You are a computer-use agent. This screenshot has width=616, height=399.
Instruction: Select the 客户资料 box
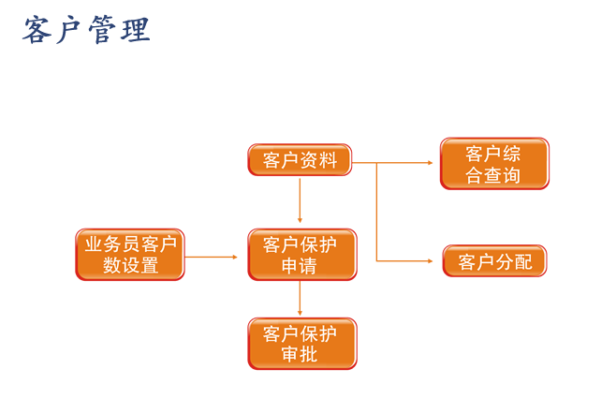tap(300, 160)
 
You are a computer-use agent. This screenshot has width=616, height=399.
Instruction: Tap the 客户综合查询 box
tap(493, 164)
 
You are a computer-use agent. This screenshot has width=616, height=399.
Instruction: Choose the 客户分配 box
tap(493, 261)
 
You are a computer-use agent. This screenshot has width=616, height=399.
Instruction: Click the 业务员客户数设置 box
tap(130, 255)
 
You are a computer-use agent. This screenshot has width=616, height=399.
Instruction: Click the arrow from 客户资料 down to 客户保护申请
tap(300, 200)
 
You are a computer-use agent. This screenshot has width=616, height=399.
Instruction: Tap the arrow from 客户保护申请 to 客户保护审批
tap(300, 299)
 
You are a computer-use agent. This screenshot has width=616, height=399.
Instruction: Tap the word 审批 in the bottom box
tap(300, 355)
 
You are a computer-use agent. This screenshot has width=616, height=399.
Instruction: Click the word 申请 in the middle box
tap(300, 266)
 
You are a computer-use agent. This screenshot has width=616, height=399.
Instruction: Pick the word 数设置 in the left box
tap(130, 266)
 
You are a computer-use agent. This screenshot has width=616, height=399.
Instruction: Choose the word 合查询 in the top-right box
tap(493, 175)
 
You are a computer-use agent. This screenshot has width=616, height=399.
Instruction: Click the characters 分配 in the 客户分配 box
tap(513, 261)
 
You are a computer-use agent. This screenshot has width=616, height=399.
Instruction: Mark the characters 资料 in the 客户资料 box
tap(319, 160)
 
